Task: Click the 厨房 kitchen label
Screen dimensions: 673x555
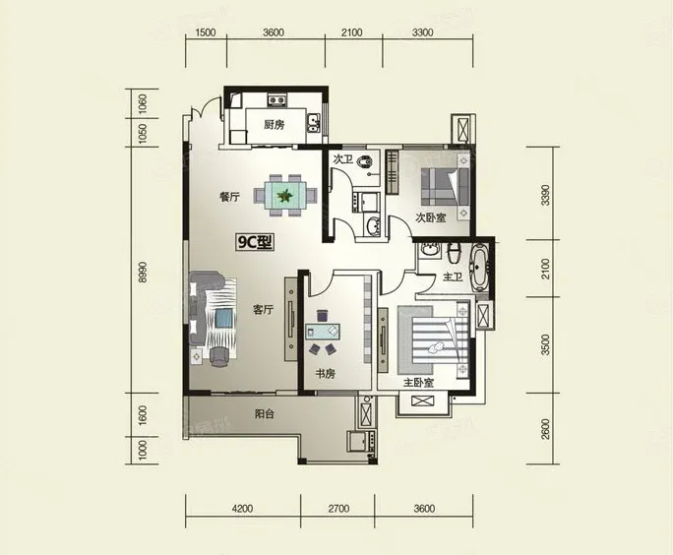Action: [274, 125]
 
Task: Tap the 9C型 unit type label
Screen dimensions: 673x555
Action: [255, 242]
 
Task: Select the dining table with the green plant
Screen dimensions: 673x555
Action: [284, 196]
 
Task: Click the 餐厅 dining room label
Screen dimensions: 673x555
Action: [229, 197]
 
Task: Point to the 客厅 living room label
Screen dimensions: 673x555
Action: [263, 309]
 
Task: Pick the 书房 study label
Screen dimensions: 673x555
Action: [326, 374]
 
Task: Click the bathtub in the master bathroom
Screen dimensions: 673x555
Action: [479, 268]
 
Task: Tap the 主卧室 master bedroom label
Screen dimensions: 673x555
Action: [418, 383]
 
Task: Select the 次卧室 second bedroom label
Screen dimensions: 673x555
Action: [431, 217]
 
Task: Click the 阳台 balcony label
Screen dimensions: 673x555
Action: [265, 414]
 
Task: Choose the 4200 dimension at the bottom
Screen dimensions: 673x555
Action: [242, 509]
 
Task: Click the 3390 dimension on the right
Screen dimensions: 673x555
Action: [545, 195]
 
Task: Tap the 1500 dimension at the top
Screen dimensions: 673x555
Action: [206, 32]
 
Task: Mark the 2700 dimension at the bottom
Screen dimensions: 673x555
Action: [338, 509]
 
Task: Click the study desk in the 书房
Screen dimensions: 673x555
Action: [323, 332]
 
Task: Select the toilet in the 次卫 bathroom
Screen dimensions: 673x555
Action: [365, 161]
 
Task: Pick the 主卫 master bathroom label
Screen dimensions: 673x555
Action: [453, 277]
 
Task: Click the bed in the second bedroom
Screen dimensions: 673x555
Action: [445, 187]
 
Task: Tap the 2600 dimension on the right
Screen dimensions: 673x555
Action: [545, 428]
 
